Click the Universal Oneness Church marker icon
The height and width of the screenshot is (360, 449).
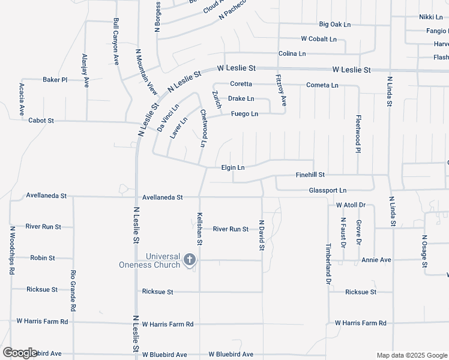(190, 260)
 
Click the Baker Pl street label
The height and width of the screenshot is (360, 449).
(55, 79)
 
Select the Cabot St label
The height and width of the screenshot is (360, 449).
(41, 121)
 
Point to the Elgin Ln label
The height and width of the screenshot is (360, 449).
(233, 167)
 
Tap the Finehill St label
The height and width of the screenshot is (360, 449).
(310, 175)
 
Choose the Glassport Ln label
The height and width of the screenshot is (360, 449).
(328, 190)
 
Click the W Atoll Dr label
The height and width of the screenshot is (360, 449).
(351, 205)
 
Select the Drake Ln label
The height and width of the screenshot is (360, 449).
(241, 98)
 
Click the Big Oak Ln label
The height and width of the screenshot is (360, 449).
(335, 25)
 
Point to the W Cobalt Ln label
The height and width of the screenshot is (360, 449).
(319, 39)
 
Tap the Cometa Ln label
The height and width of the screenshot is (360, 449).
(322, 85)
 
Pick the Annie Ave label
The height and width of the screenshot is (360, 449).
(376, 260)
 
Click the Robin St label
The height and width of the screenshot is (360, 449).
(43, 258)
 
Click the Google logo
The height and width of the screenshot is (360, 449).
(20, 353)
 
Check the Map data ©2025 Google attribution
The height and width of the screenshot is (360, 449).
(412, 355)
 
